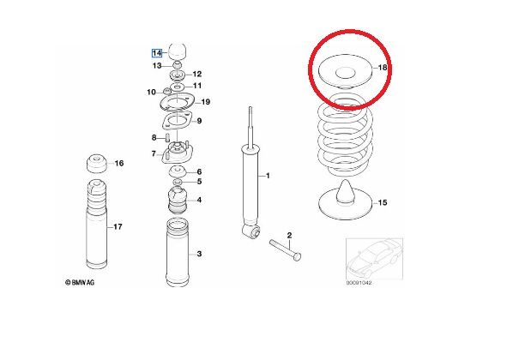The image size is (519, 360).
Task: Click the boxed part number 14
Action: tap(157, 53)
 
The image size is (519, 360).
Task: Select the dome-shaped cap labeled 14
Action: tap(178, 51)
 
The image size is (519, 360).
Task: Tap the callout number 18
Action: tap(383, 68)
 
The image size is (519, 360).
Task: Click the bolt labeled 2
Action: tap(285, 250)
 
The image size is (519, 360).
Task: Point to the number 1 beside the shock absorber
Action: tap(268, 176)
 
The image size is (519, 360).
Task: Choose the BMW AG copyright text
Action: tap(80, 282)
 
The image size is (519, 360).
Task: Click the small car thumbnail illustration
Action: tap(374, 259)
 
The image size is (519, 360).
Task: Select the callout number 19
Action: tap(206, 102)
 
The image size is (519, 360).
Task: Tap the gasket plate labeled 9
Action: tap(178, 122)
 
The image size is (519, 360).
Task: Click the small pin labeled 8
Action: tap(167, 137)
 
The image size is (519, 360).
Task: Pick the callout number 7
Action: tap(154, 153)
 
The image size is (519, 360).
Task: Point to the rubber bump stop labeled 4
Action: tap(178, 200)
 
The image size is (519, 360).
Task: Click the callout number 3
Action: tap(199, 254)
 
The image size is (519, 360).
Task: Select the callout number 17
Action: tap(118, 227)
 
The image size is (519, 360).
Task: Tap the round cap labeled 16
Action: tap(97, 163)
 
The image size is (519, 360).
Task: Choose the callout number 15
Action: tap(383, 202)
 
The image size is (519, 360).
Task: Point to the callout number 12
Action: tap(197, 74)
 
